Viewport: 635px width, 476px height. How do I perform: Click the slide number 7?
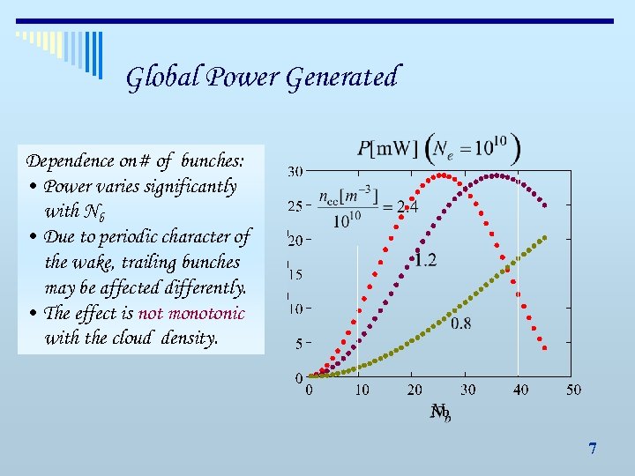tap(593, 449)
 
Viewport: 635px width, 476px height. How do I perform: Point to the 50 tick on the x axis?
tap(573, 390)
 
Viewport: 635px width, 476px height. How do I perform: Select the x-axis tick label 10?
tap(361, 390)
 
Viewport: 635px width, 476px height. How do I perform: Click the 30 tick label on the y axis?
tap(295, 171)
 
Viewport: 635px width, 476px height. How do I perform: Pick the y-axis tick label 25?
tap(295, 205)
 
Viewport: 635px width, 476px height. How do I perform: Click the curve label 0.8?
tap(460, 324)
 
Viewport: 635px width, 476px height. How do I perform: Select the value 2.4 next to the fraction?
tap(407, 206)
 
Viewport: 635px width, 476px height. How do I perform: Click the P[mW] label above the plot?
tap(387, 147)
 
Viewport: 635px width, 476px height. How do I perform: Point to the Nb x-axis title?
tap(440, 412)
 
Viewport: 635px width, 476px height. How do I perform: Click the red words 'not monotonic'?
tap(191, 313)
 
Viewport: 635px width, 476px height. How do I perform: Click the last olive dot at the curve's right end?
tap(547, 237)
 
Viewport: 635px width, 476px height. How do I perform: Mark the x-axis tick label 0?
tap(309, 390)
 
